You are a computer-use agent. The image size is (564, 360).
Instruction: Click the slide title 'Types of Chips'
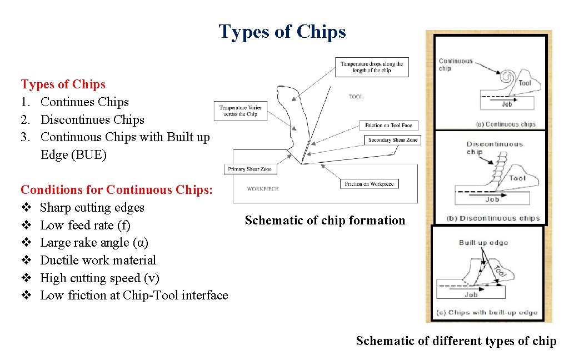click(x=282, y=32)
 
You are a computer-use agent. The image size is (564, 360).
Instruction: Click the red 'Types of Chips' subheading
click(x=63, y=84)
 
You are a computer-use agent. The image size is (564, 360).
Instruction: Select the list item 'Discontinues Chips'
click(x=92, y=119)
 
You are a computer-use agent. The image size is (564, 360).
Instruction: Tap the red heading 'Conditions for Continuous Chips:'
click(x=117, y=190)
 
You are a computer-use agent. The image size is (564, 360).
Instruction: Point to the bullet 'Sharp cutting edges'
click(x=92, y=208)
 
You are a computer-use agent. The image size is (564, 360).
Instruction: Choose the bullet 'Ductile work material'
click(x=98, y=260)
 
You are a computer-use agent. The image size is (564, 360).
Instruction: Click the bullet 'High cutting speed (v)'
click(x=99, y=278)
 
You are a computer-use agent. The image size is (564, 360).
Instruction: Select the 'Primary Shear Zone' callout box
click(x=249, y=169)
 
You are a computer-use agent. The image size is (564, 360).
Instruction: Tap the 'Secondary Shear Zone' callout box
click(x=393, y=140)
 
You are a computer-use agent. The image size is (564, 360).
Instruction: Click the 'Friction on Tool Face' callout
click(x=389, y=126)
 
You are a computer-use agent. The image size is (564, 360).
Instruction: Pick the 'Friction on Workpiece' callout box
click(x=369, y=184)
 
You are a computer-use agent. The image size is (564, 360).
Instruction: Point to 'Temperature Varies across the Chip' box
click(x=240, y=111)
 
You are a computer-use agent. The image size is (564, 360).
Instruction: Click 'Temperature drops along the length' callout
click(x=372, y=67)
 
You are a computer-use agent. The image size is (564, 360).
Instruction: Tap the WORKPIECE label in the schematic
click(x=263, y=189)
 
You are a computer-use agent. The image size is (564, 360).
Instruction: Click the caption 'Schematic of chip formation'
click(x=325, y=221)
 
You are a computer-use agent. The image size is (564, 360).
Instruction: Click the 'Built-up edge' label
click(x=483, y=243)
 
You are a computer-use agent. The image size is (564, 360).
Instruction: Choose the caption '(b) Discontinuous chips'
click(x=493, y=218)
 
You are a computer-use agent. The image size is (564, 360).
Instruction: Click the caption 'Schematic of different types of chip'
click(x=456, y=341)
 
